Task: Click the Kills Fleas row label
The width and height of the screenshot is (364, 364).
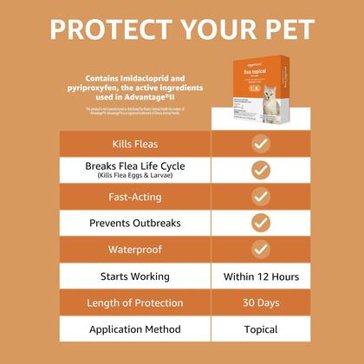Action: pyautogui.click(x=134, y=143)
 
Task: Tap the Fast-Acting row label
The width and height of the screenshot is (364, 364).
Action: pyautogui.click(x=134, y=197)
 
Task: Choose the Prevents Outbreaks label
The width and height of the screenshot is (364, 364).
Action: pyautogui.click(x=134, y=223)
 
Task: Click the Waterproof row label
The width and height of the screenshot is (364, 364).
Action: pyautogui.click(x=134, y=250)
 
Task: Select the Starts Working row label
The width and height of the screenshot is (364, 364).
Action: pyautogui.click(x=134, y=276)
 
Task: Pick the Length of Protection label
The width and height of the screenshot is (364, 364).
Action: pyautogui.click(x=134, y=303)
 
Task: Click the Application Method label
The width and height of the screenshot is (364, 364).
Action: pyautogui.click(x=134, y=329)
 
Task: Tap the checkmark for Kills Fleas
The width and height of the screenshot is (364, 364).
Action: pyautogui.click(x=260, y=143)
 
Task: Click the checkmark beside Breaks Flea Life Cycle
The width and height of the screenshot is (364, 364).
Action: pyautogui.click(x=260, y=170)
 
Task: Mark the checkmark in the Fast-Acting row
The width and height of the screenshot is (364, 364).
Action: pyautogui.click(x=260, y=197)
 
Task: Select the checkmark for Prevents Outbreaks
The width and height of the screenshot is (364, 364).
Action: pyautogui.click(x=260, y=223)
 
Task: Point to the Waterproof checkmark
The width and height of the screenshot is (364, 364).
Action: pyautogui.click(x=260, y=250)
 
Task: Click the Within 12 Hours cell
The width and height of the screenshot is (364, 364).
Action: pyautogui.click(x=260, y=276)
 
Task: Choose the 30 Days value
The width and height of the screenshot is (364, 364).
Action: pyautogui.click(x=260, y=303)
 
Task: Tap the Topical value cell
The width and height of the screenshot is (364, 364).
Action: pyautogui.click(x=260, y=329)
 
